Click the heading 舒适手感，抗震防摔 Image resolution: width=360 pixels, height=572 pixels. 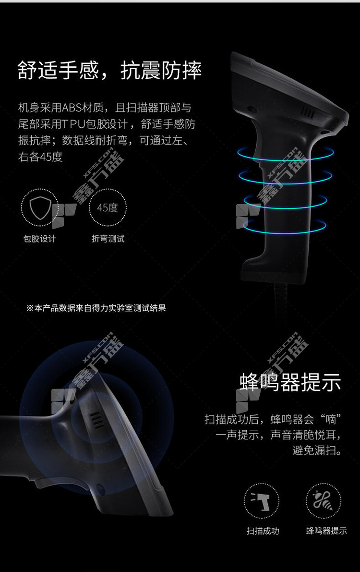coord(109,70)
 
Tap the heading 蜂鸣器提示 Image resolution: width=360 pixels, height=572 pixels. coord(290,382)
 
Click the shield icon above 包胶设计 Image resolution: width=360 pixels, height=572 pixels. coord(40,207)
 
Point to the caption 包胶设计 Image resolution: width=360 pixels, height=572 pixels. coord(40,239)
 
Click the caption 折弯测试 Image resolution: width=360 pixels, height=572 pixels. coord(108,239)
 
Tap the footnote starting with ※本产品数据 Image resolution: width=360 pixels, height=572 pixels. coord(96,308)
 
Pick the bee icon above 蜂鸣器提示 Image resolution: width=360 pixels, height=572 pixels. coord(323,500)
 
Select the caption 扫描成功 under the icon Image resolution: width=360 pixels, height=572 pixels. coord(263,531)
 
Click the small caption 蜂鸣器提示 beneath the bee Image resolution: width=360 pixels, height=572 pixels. coord(326,531)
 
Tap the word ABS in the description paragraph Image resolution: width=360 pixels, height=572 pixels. coord(72,108)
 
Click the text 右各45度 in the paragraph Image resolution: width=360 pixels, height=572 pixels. coord(40,157)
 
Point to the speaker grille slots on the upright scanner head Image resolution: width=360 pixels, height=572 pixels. coord(307,113)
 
